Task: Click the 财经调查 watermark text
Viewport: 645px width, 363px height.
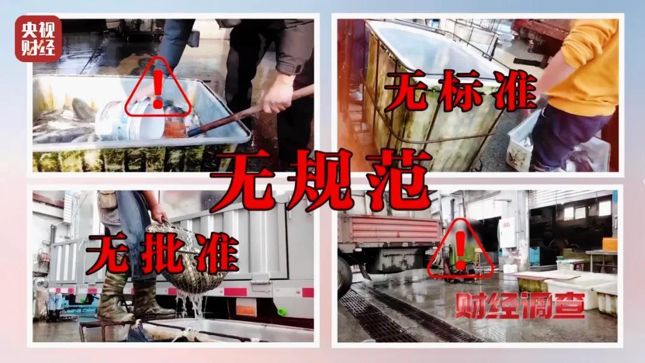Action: pos(520,306)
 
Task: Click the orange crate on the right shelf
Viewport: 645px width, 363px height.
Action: pos(609,244)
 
